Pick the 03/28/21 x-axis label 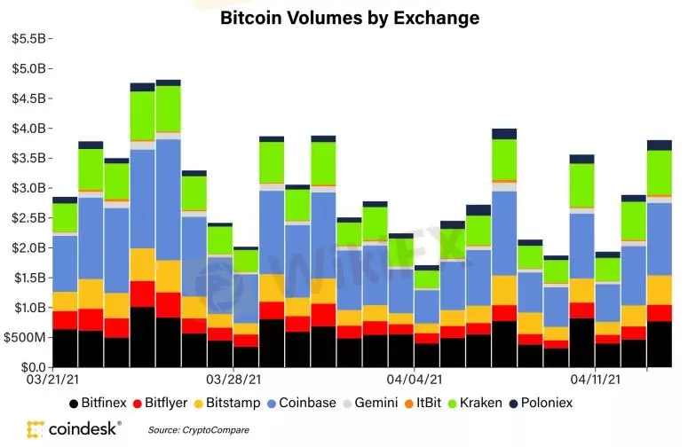(233, 377)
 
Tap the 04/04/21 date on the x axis (414, 377)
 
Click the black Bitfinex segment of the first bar (64, 348)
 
